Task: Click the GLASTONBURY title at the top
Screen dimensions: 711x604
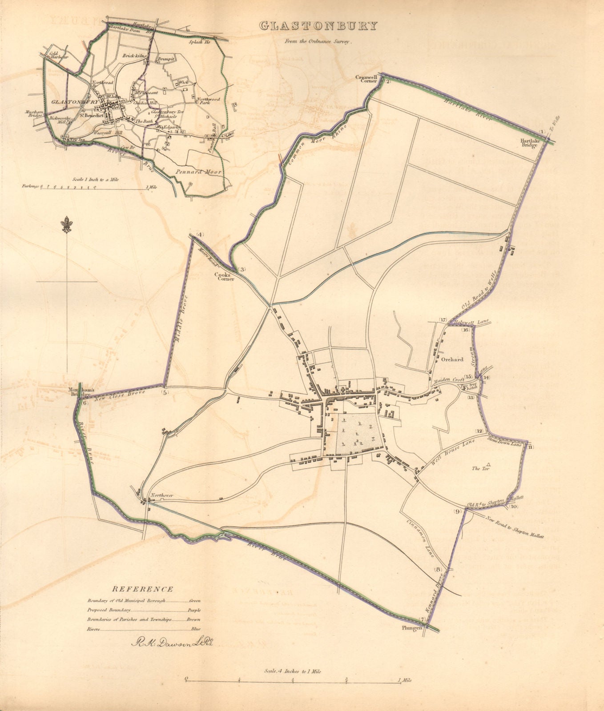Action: (x=318, y=26)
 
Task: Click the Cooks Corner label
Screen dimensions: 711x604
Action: (x=224, y=277)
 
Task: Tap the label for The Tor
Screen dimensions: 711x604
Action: (x=477, y=468)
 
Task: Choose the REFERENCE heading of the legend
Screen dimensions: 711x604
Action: (x=142, y=589)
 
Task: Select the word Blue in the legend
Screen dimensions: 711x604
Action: (x=196, y=628)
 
